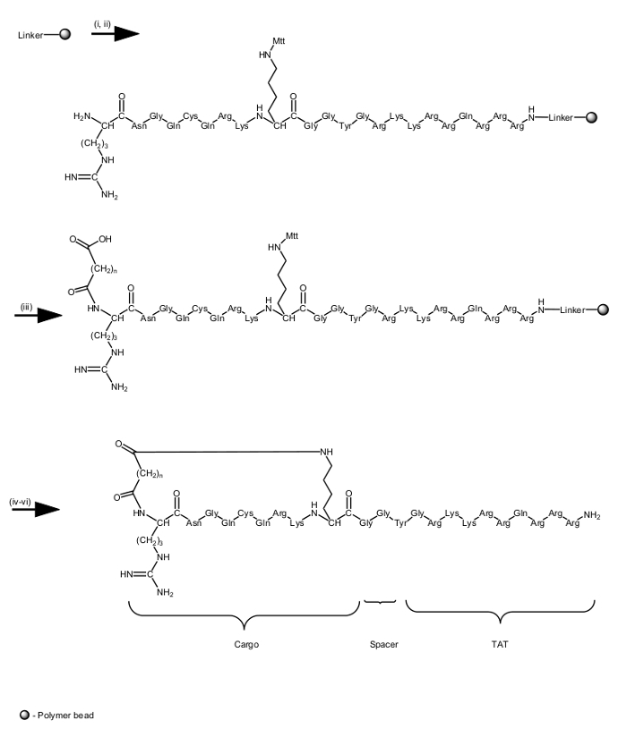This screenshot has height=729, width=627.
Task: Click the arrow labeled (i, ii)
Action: tap(116, 34)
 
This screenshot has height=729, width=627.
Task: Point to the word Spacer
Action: tap(383, 644)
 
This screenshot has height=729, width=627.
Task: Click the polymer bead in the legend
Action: tap(24, 715)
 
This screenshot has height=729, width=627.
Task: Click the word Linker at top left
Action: tap(31, 35)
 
